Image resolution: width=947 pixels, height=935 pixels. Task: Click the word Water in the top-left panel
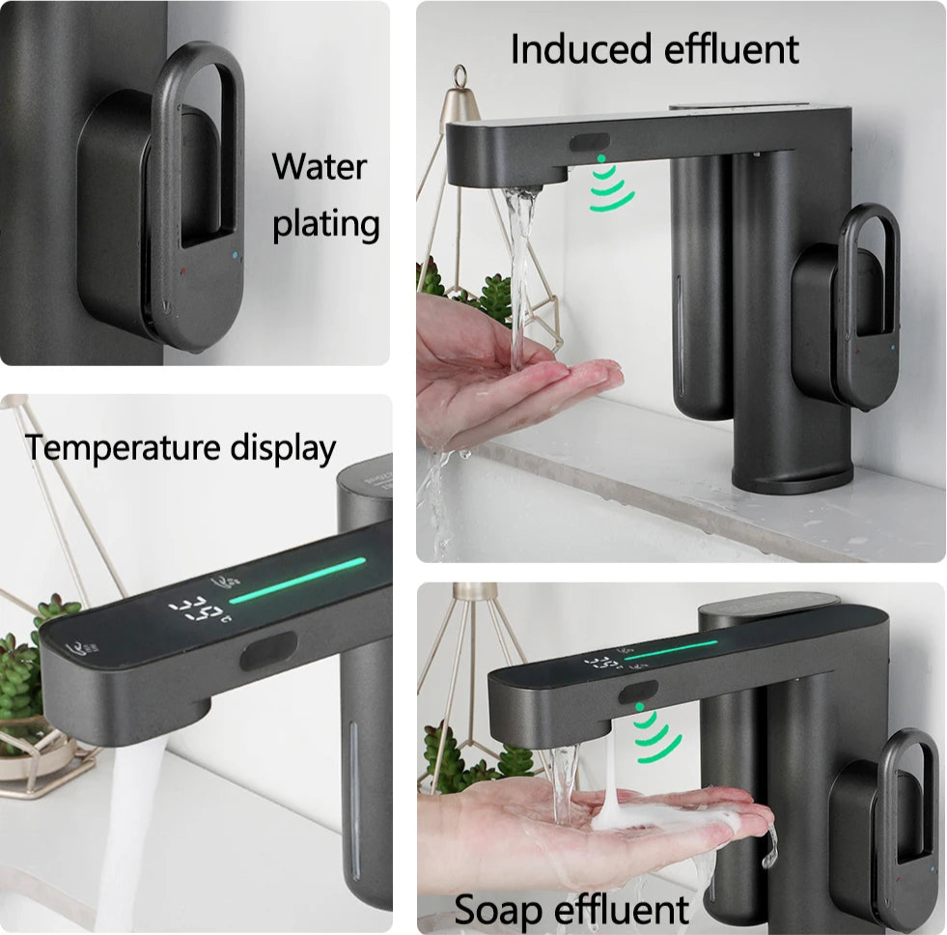(x=319, y=166)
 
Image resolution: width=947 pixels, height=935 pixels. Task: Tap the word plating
(x=326, y=225)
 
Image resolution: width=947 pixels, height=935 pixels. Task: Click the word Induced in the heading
(x=581, y=49)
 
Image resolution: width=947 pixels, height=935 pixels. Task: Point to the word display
(x=283, y=448)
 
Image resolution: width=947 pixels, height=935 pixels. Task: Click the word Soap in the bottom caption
(x=498, y=909)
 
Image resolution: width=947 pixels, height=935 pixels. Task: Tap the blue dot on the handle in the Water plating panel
(x=235, y=255)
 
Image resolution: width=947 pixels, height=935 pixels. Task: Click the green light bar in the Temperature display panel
(x=297, y=581)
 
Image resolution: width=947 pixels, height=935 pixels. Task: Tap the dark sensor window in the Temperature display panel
(x=268, y=650)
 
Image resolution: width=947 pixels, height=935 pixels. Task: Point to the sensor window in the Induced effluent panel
(x=590, y=144)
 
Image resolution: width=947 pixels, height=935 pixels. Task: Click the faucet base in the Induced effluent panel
(x=793, y=477)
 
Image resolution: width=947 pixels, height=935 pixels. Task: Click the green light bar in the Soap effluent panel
(x=670, y=649)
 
